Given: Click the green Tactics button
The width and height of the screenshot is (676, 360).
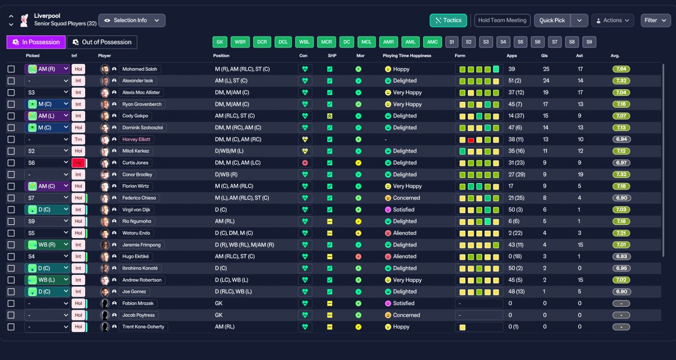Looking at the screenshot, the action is point(448,21).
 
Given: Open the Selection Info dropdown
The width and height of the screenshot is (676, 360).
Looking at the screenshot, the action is point(132,21).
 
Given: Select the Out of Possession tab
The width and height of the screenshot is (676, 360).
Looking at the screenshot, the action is point(102,42).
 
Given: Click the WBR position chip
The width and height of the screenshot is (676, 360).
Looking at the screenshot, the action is point(240,42).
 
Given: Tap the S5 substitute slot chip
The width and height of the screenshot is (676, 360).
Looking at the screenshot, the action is point(520,42).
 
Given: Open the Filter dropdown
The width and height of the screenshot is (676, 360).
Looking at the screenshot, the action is point(655,21).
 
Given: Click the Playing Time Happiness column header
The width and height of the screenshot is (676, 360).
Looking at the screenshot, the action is point(407,56).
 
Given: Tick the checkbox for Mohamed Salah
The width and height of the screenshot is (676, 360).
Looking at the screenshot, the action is point(11,69).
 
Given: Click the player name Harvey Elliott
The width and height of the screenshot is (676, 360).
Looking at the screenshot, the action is point(136,139).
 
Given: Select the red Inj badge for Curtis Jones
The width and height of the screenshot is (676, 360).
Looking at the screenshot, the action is point(78,163).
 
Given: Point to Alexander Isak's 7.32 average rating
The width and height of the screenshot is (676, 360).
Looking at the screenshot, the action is point(621,81).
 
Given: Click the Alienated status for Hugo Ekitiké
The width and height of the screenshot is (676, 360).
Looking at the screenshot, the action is point(405,257).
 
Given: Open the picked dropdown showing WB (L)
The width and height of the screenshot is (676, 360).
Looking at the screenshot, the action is point(47,280).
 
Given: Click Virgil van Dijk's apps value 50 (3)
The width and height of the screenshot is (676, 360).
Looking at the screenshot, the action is point(515,210).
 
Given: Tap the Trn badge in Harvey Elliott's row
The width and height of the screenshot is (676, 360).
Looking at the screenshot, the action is point(78,139).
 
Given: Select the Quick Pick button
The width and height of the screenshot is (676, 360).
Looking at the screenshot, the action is point(552,21).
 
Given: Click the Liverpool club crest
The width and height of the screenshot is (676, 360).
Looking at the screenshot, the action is point(24,20).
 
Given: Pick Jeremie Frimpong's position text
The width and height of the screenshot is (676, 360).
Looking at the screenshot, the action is point(245,245).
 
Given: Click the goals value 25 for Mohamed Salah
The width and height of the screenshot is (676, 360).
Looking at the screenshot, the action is point(546,69).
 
